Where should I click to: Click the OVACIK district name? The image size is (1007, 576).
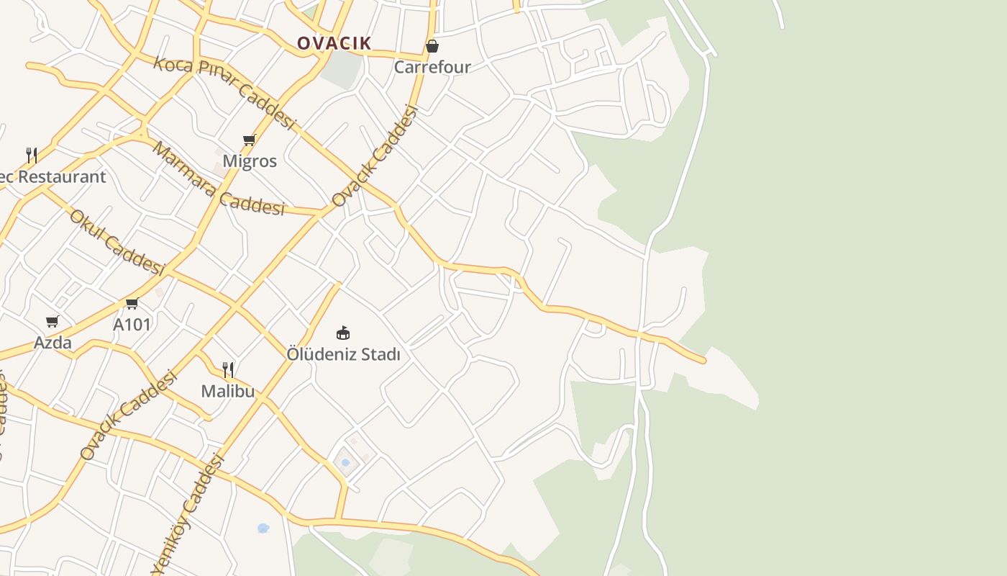coord(334,43)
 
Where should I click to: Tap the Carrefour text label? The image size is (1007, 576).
coord(432,67)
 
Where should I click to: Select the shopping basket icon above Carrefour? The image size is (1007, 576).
coord(432,47)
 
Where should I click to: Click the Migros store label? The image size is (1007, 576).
coord(250,161)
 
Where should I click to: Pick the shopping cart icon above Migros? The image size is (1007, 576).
coord(250,140)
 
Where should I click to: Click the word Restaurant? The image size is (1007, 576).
coord(62,176)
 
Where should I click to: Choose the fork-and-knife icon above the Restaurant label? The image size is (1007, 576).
coord(32,155)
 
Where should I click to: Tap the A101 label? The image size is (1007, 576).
coord(132,325)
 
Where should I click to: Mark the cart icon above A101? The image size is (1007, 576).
coord(132,304)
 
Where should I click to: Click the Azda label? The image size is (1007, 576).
coord(53,343)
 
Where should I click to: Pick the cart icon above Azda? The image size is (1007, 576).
coord(52,321)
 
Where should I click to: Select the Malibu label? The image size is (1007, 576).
coord(228,391)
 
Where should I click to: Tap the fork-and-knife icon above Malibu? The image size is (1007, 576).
coord(228,370)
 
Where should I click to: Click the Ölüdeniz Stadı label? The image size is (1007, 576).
coord(343,354)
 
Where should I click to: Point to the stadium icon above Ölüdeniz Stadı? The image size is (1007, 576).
coord(343,333)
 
